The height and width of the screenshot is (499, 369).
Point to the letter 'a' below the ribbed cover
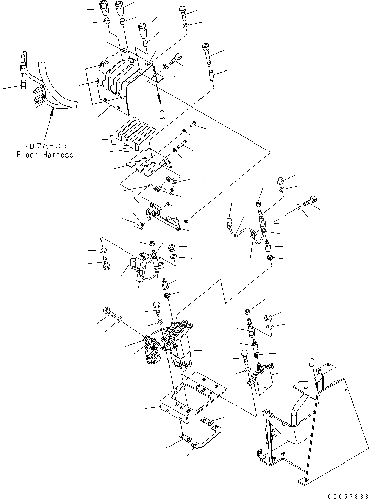pyautogui.click(x=162, y=115)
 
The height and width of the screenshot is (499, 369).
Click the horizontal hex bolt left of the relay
pyautogui.click(x=109, y=313)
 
